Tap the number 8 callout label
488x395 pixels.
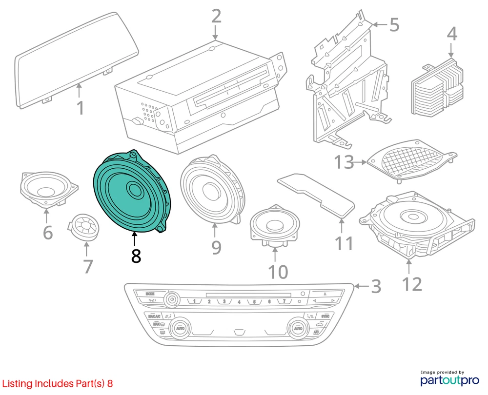[x=136, y=256]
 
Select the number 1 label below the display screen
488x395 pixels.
[x=81, y=108]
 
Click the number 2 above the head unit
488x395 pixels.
[x=216, y=17]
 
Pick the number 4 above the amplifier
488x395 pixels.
[x=452, y=34]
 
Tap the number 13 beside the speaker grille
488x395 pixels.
[x=345, y=162]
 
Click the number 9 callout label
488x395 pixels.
[x=216, y=247]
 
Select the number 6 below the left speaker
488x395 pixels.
[x=47, y=233]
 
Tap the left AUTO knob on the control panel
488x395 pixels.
[x=180, y=328]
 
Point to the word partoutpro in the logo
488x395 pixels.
[x=443, y=380]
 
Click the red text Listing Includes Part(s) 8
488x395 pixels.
[x=58, y=384]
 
